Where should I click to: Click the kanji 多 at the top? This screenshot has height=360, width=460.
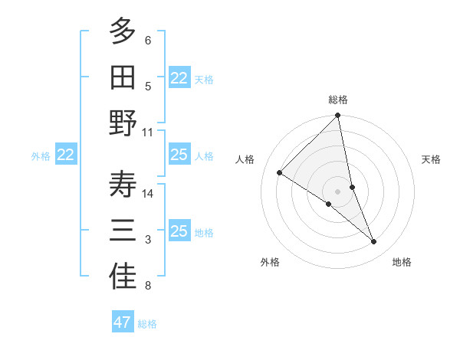tap(123, 31)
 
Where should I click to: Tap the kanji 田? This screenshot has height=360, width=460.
tap(123, 77)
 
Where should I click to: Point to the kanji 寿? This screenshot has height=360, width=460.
tap(123, 185)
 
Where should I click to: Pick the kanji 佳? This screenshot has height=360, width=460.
tap(123, 277)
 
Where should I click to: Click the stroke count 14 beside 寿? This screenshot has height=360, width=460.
tap(149, 193)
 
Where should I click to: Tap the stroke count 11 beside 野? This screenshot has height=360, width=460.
tap(149, 132)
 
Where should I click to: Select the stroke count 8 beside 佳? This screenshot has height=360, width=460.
tap(148, 286)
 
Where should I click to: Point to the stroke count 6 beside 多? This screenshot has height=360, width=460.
tap(148, 40)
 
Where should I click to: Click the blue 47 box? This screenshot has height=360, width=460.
tap(123, 322)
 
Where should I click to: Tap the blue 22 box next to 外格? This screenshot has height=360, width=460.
tap(66, 155)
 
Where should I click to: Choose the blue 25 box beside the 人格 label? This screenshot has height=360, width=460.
tap(179, 155)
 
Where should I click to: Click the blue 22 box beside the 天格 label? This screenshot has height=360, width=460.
tap(179, 78)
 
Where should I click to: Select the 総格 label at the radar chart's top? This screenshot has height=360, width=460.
tap(338, 100)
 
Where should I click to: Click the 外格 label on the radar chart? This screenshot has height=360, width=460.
tap(270, 262)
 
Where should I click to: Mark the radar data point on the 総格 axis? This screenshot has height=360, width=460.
tap(338, 116)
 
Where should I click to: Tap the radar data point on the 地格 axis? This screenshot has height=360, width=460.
tap(374, 241)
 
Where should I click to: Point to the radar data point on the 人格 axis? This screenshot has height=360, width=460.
tap(279, 173)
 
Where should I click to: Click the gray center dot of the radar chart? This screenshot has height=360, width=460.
tap(338, 191)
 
